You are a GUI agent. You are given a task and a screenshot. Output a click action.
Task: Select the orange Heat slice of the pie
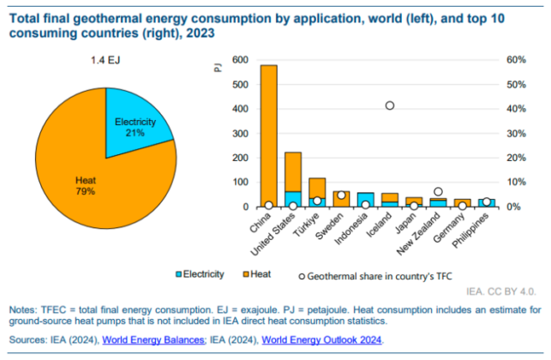click(x=86, y=184)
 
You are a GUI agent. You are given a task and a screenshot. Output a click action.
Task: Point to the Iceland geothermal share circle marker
click(x=390, y=105)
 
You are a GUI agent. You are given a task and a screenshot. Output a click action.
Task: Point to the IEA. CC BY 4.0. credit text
click(x=506, y=292)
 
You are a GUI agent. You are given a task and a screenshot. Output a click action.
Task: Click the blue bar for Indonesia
click(x=341, y=200)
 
